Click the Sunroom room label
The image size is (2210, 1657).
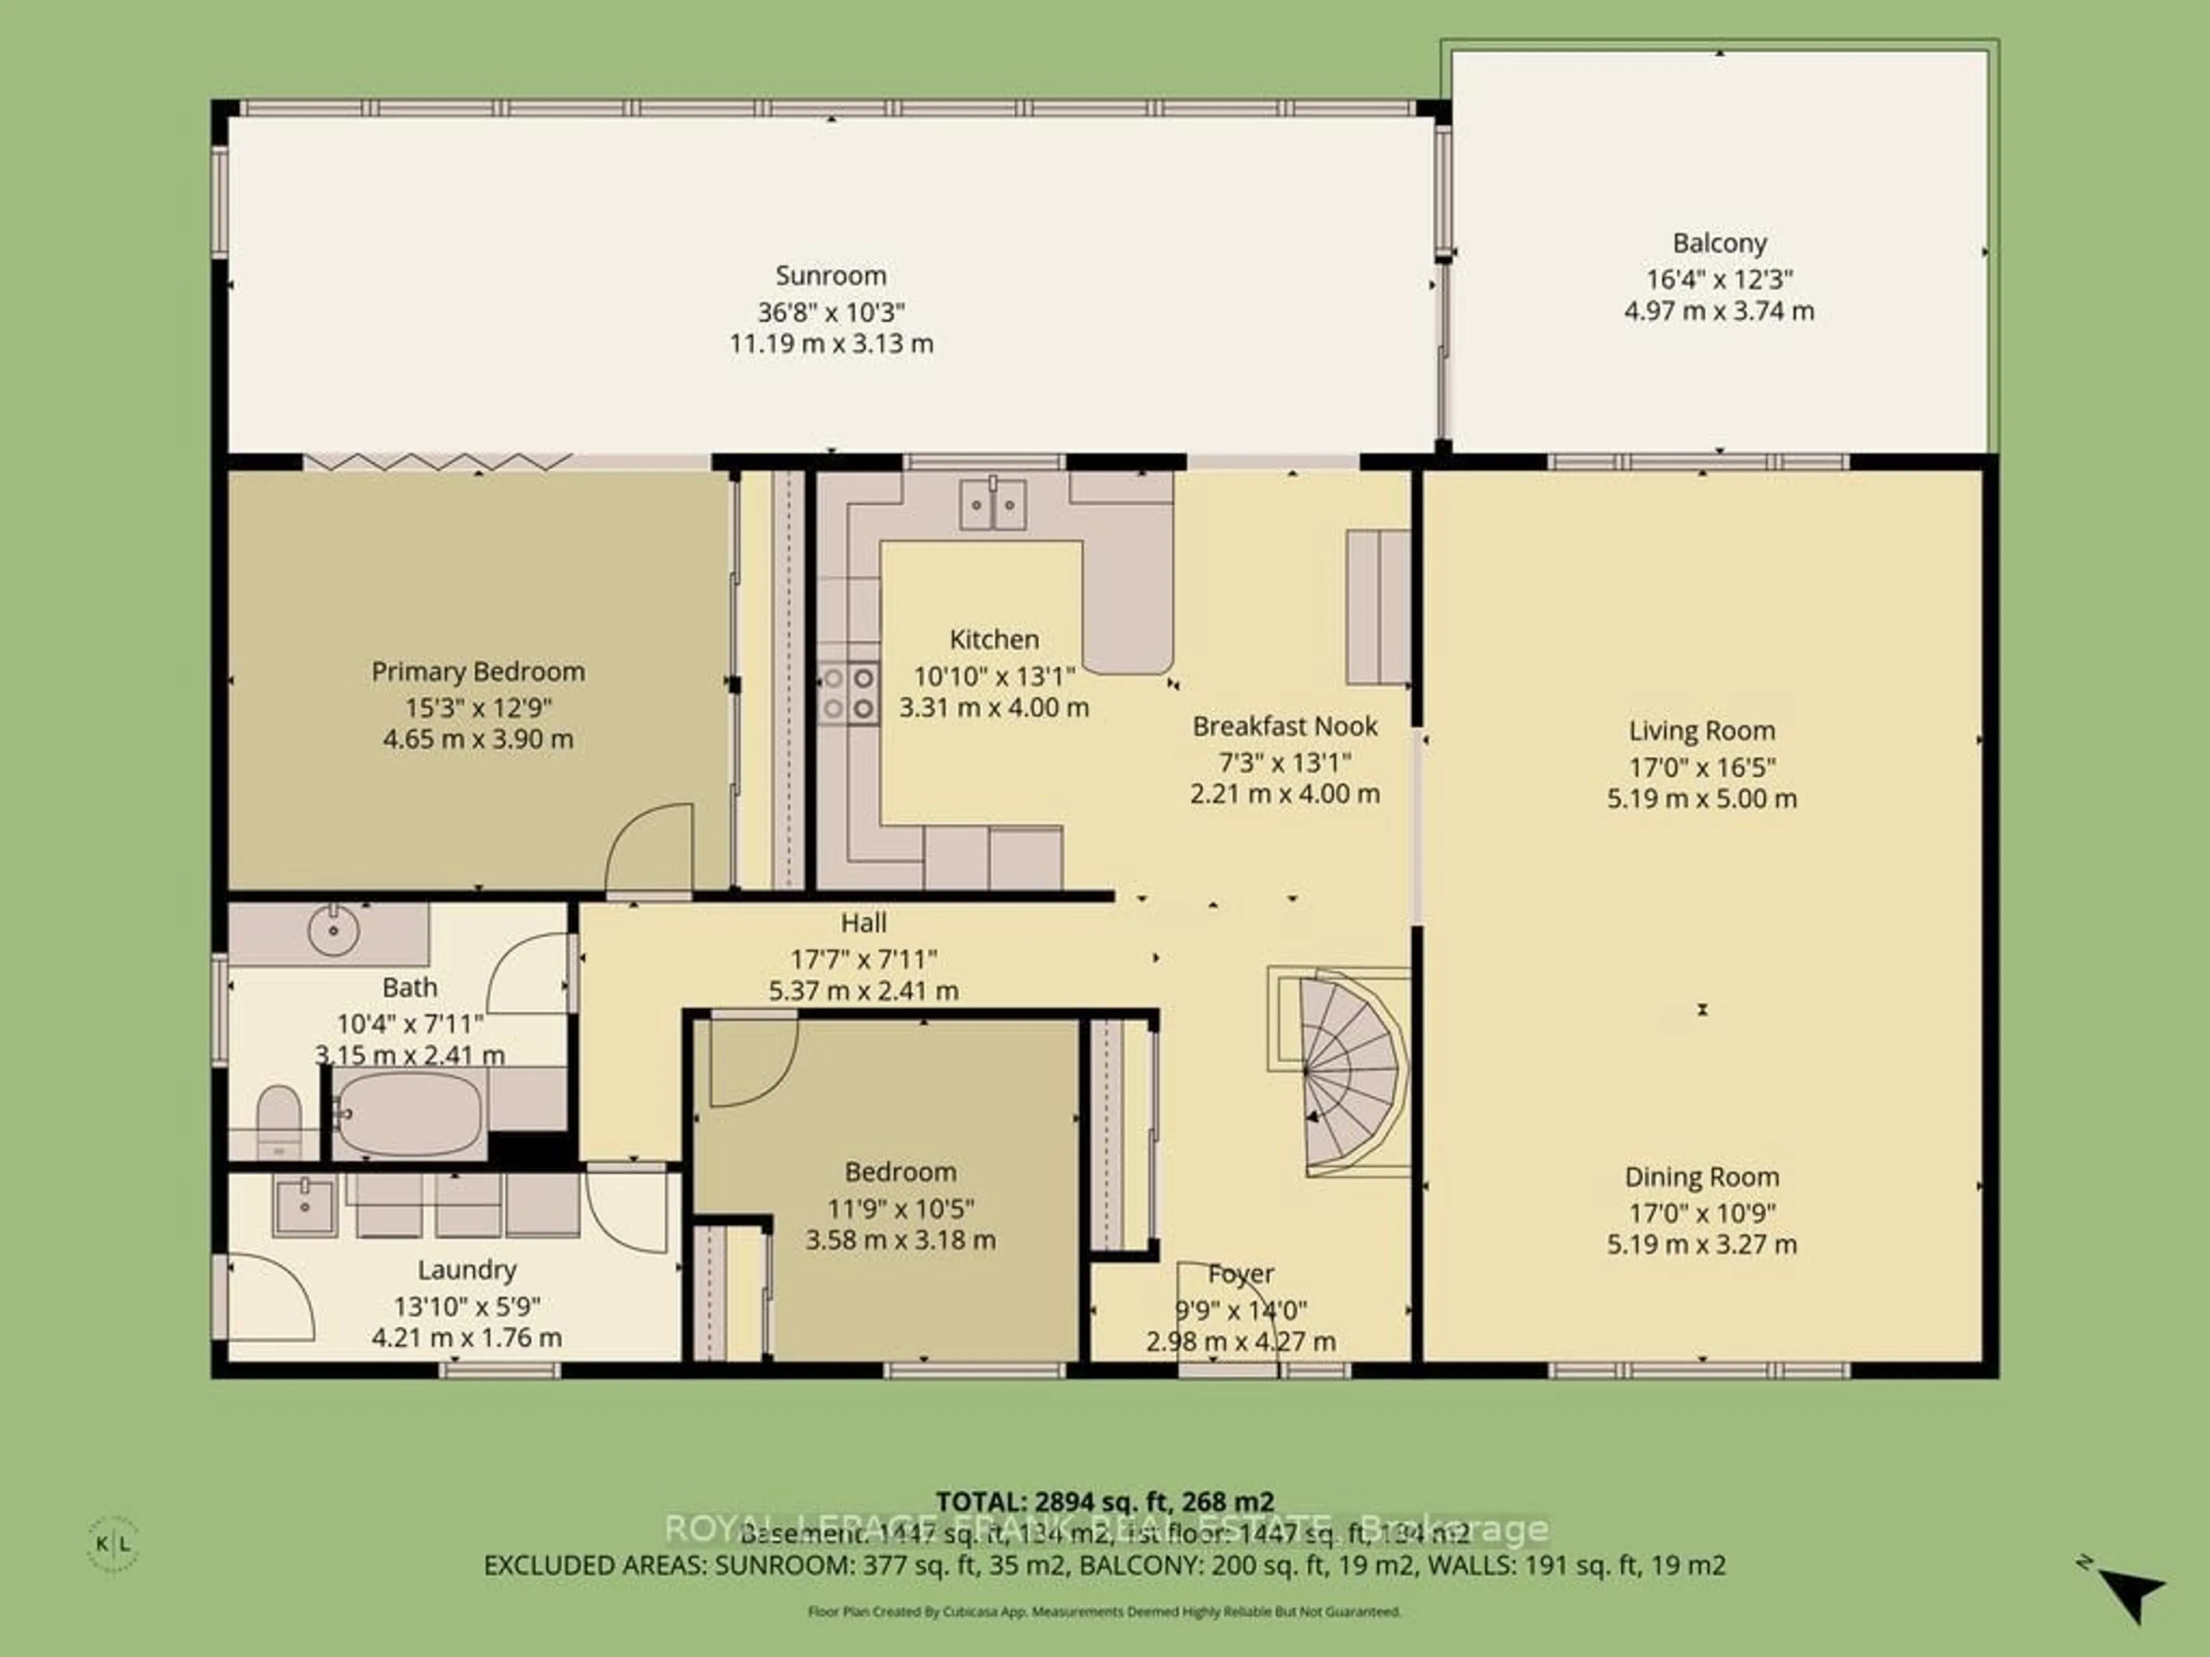point(830,276)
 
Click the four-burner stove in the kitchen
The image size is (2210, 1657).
point(848,693)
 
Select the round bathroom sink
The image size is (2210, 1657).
point(334,931)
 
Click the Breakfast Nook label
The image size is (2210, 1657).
point(1285,726)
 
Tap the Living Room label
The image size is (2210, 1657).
point(1701,731)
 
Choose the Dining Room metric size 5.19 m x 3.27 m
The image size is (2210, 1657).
point(1701,1244)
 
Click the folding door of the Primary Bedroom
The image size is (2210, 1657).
point(437,461)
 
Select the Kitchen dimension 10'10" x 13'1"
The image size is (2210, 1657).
point(993,676)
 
